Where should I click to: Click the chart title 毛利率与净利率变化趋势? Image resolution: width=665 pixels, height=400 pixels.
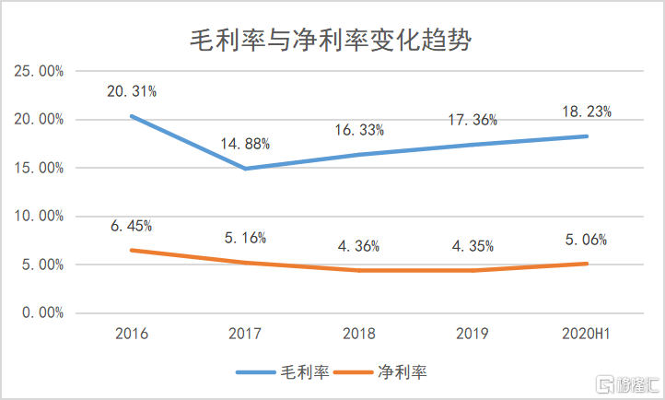332,37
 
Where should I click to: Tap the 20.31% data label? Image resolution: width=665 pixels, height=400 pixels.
132,91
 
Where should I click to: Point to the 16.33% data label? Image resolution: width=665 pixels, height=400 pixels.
359,130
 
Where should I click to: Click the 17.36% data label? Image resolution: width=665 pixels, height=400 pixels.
473,120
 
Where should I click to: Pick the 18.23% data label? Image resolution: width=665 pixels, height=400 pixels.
587,112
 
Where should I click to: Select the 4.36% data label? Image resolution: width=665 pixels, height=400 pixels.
359,246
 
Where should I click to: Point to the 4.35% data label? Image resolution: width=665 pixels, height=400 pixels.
473,246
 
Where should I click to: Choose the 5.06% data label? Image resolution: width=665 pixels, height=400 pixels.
587,240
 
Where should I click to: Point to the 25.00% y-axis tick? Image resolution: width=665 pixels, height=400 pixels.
38,71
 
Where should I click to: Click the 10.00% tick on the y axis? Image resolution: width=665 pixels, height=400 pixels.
38,216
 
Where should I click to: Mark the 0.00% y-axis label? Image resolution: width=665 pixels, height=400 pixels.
41,312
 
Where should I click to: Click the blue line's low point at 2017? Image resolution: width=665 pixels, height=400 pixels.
245,169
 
